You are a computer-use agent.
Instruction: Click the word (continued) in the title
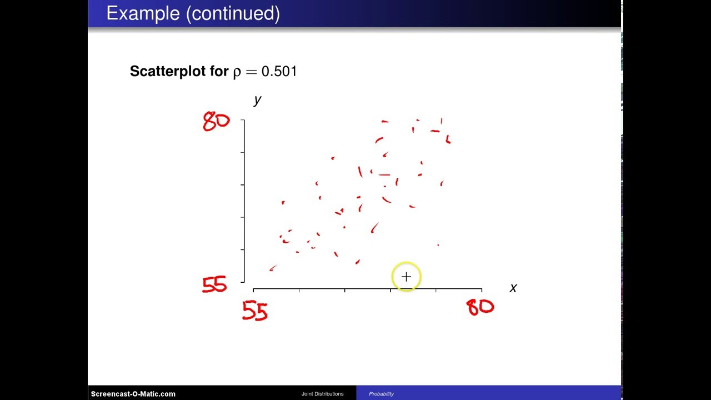pyautogui.click(x=233, y=13)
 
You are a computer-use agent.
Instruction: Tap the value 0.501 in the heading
pyautogui.click(x=279, y=71)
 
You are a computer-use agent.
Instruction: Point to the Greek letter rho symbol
pyautogui.click(x=237, y=72)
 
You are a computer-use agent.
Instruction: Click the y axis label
pyautogui.click(x=257, y=100)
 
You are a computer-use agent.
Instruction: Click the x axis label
pyautogui.click(x=513, y=288)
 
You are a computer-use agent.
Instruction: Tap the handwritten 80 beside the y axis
pyautogui.click(x=216, y=121)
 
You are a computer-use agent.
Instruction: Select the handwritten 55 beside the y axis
pyautogui.click(x=214, y=285)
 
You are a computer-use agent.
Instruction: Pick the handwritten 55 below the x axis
pyautogui.click(x=255, y=312)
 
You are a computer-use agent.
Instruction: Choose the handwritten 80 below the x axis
pyautogui.click(x=480, y=307)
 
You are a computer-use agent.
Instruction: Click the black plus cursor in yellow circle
pyautogui.click(x=406, y=277)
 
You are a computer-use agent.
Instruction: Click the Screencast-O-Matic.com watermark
pyautogui.click(x=133, y=394)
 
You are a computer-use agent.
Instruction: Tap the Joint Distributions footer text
pyautogui.click(x=322, y=394)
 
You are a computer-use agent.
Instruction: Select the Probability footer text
pyautogui.click(x=381, y=394)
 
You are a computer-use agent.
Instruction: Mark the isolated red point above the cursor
pyautogui.click(x=438, y=245)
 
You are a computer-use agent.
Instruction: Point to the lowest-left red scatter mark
pyautogui.click(x=273, y=268)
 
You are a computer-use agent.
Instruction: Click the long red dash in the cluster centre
pyautogui.click(x=384, y=175)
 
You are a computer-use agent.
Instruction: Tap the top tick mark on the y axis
pyautogui.click(x=243, y=120)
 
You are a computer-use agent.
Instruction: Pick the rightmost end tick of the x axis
pyautogui.click(x=481, y=289)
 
